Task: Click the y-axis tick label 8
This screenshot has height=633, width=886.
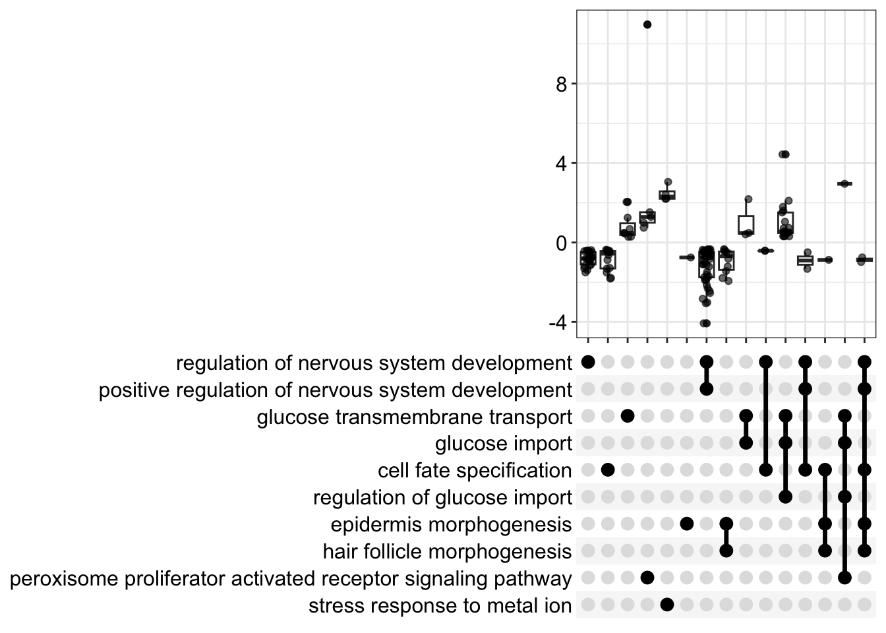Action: point(562,84)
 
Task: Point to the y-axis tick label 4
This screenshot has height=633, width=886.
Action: point(562,164)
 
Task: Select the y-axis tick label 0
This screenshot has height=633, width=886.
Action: point(562,243)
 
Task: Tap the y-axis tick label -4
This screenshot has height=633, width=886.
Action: point(558,323)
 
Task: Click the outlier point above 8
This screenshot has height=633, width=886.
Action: point(647,25)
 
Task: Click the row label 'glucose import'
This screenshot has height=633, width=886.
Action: point(504,444)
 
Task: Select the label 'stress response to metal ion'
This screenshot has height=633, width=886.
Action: point(440,606)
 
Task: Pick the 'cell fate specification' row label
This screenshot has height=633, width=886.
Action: point(475,471)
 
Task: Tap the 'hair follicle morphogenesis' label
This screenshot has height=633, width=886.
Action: point(447,551)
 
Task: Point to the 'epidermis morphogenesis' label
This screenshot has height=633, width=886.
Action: point(451,525)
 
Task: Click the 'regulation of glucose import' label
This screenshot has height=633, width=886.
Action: point(442,498)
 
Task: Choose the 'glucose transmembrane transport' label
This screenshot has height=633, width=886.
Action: point(415,417)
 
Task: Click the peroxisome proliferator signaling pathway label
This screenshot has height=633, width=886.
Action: point(291,579)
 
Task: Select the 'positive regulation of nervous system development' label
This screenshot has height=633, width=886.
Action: point(336,390)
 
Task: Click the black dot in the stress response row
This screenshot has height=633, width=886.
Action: point(666,605)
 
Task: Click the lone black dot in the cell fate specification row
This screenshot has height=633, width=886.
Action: point(608,470)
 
